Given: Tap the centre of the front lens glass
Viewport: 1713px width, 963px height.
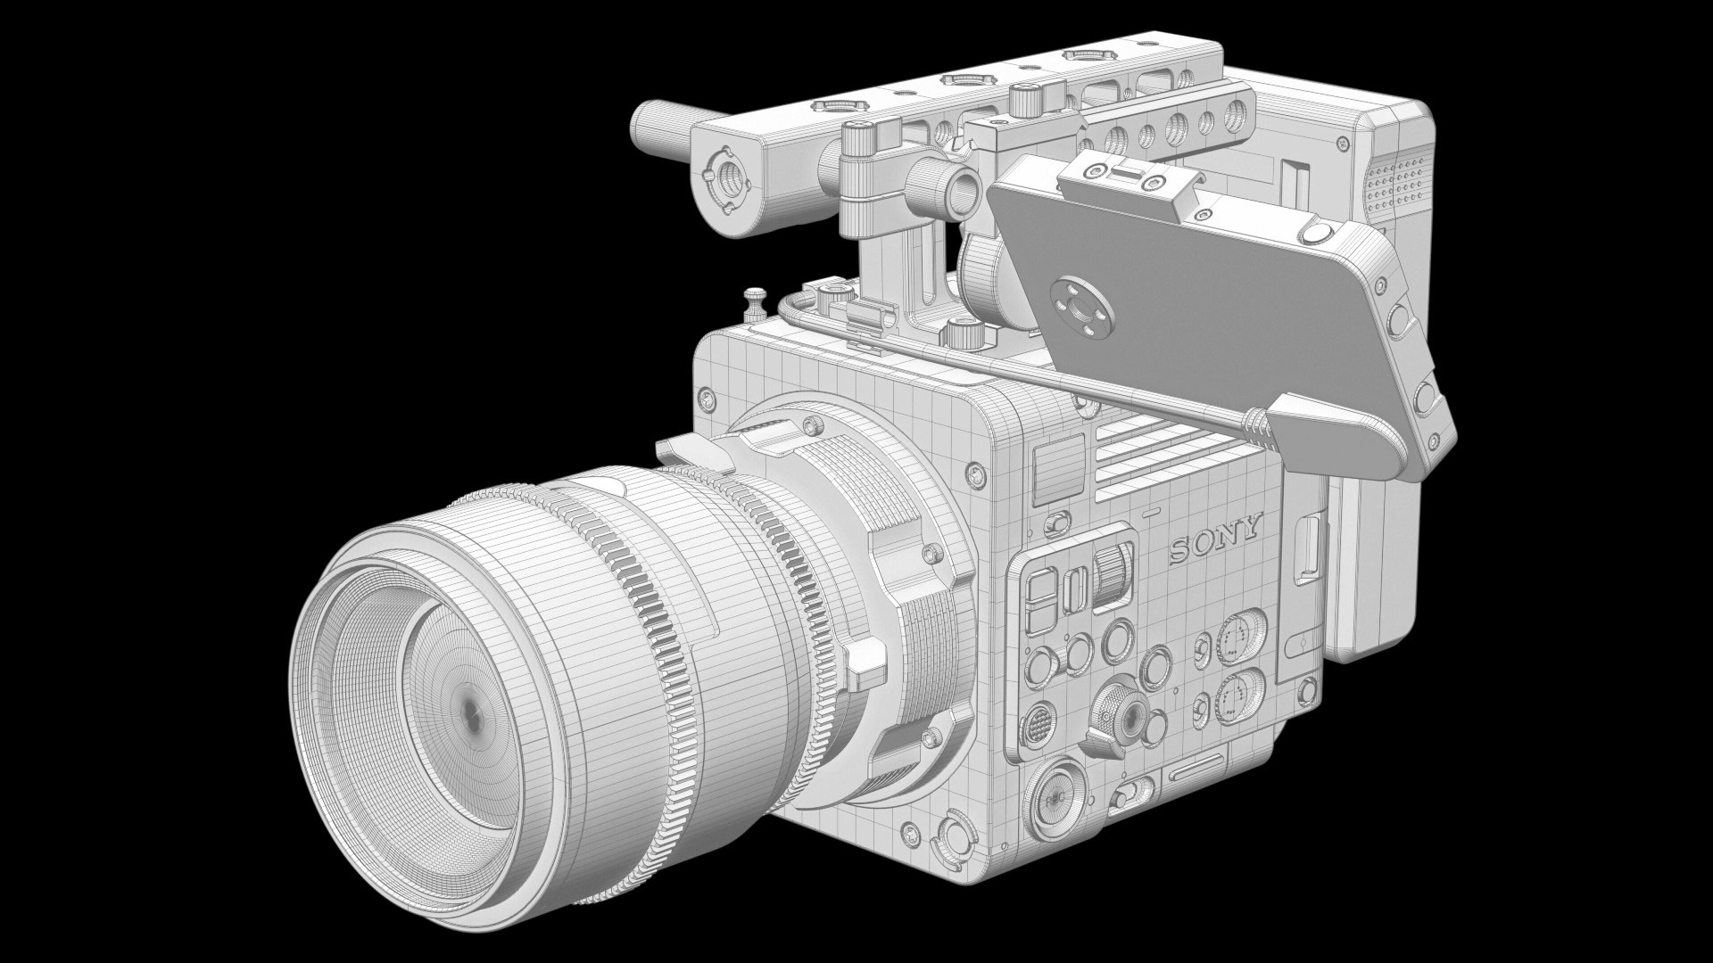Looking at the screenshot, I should pos(471,711).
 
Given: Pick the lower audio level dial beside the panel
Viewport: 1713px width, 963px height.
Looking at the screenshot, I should pos(1236,697).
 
